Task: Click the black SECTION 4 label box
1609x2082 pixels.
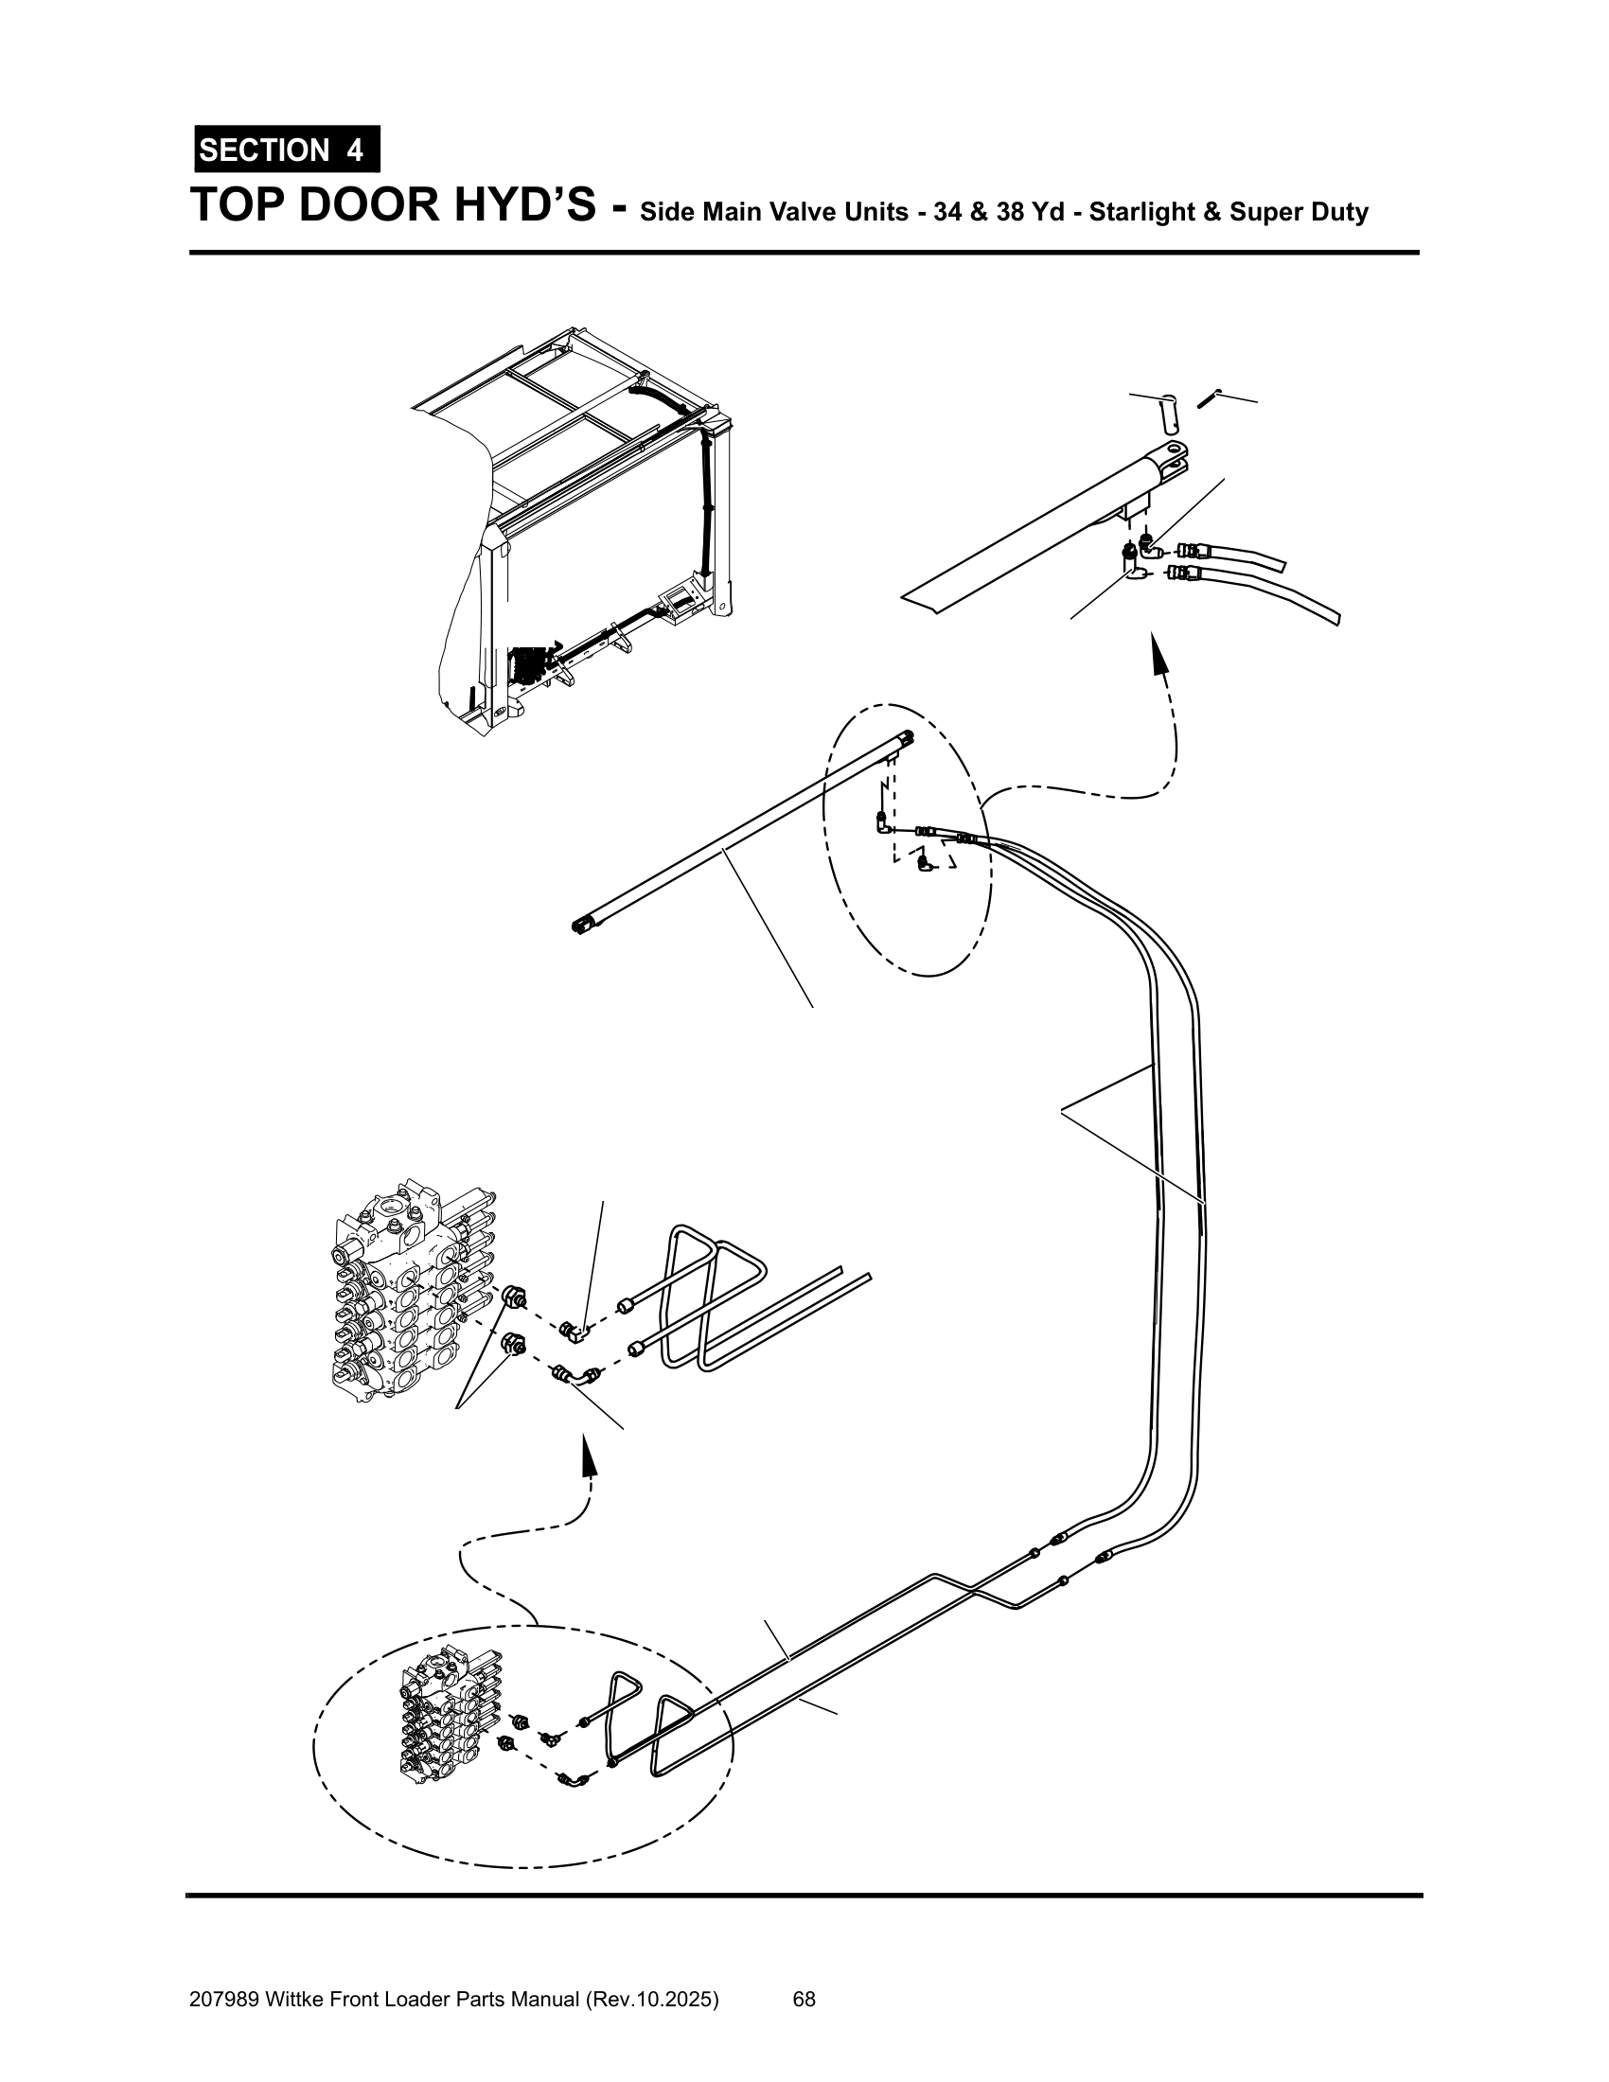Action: click(x=287, y=150)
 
